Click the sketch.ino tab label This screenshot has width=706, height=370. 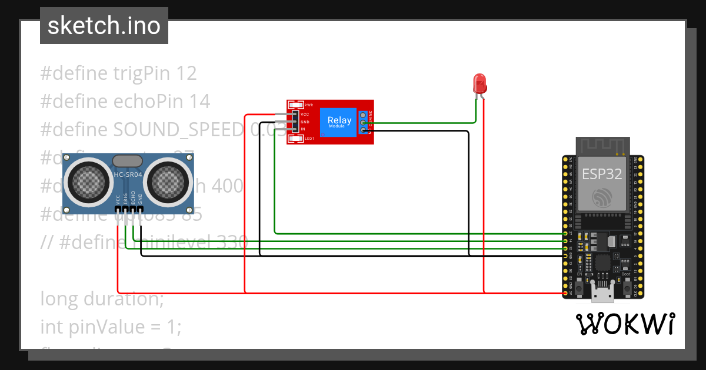(104, 26)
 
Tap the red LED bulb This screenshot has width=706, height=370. (480, 83)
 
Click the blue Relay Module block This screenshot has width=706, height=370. (339, 122)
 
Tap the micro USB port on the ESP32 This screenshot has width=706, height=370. (603, 291)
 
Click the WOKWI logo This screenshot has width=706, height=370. (625, 324)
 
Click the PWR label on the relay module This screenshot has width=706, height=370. (309, 105)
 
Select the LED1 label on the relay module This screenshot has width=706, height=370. (309, 138)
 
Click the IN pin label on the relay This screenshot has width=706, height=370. (303, 129)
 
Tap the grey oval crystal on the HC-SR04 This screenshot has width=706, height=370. (127, 160)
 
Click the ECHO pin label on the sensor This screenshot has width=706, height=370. (133, 197)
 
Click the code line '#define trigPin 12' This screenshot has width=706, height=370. (118, 73)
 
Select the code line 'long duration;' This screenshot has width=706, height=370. (102, 299)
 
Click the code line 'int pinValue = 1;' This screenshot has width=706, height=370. (111, 327)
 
